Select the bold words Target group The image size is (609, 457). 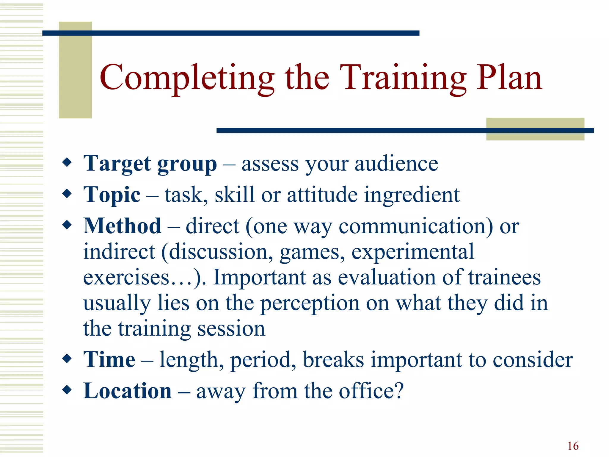pos(150,164)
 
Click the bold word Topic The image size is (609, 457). pos(112,195)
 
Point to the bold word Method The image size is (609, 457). pos(122,226)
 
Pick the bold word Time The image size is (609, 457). pos(109,360)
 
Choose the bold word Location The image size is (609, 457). pos(127,391)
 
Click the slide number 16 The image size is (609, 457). pos(573,446)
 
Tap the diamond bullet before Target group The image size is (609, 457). pos(67,162)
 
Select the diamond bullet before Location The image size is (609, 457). pos(67,389)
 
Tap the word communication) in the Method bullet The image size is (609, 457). pos(415,226)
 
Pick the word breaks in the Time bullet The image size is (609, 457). pos(333,360)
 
